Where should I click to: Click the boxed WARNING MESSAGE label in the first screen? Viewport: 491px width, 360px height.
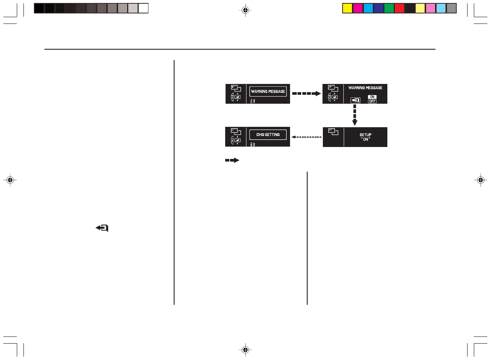tap(268, 91)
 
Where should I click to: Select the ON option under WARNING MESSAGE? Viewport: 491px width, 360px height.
tap(372, 97)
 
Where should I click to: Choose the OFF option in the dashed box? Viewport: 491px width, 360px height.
tap(372, 101)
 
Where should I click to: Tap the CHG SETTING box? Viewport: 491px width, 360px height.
tap(268, 134)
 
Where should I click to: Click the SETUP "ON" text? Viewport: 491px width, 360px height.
tap(365, 137)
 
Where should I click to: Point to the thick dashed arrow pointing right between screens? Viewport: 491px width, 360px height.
tap(306, 94)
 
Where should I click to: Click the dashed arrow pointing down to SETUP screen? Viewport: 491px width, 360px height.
tap(355, 115)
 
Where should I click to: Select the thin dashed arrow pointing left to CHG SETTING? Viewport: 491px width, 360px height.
tap(306, 137)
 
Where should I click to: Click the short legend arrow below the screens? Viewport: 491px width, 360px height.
tap(232, 160)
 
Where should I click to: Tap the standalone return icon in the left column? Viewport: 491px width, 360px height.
tap(102, 228)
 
